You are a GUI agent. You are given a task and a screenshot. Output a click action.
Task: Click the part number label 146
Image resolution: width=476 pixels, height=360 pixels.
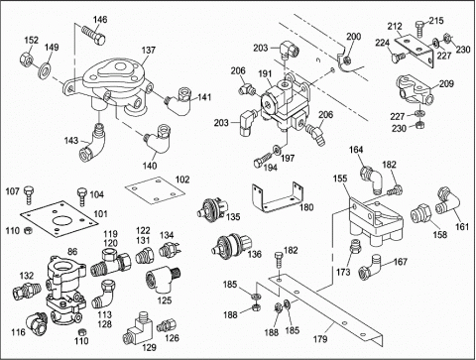coord(100,20)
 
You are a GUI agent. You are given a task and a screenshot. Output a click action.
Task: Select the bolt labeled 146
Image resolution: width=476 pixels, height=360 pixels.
coord(92,35)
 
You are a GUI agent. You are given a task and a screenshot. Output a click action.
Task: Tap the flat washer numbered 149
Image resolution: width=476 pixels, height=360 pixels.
coord(45,69)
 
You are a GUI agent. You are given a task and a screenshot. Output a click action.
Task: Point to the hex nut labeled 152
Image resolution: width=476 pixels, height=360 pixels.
coord(26,59)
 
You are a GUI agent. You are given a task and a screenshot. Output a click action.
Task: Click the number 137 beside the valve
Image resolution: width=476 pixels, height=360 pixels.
coord(149,51)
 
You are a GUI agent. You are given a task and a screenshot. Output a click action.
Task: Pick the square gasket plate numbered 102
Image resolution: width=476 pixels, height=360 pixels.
coord(155,190)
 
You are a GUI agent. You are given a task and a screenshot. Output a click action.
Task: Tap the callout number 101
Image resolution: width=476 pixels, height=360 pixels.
coord(100,214)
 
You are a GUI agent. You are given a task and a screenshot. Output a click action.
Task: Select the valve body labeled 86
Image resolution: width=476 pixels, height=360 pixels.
coord(64,291)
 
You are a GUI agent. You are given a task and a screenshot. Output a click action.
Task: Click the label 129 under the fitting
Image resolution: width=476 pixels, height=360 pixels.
coord(149,347)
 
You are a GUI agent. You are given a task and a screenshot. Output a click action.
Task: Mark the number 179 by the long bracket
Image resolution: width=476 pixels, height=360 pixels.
coord(320,339)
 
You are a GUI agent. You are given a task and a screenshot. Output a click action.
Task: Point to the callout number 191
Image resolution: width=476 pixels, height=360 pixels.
coord(265,74)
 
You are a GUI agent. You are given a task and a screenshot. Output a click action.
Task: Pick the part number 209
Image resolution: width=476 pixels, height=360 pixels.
coord(446,84)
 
